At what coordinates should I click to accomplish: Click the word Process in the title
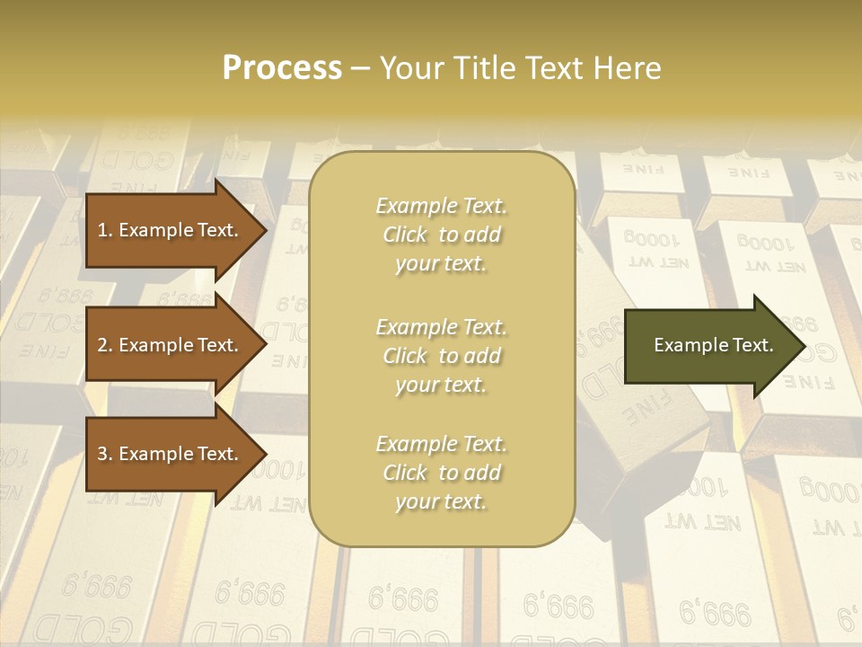tap(282, 68)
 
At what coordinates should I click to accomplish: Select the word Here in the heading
tap(629, 68)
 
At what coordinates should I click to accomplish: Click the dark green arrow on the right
tap(709, 345)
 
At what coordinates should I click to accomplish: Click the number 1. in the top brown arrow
tap(105, 230)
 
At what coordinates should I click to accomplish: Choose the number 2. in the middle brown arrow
tap(105, 345)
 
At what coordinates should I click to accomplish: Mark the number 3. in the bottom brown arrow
tap(105, 454)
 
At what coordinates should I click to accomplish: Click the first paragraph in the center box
tap(441, 235)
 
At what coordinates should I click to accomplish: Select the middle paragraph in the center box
tap(441, 356)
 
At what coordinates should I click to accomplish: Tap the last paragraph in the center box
tap(441, 473)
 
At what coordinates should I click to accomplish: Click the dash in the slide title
tap(360, 68)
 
